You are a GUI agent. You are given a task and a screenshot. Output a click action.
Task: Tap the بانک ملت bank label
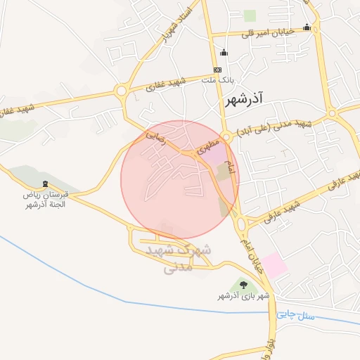pos(217,81)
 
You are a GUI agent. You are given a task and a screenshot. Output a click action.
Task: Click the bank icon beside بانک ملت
pos(217,70)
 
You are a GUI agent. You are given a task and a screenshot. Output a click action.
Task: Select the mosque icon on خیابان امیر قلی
pos(307,28)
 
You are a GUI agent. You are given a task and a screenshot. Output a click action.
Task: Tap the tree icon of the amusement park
pos(243,285)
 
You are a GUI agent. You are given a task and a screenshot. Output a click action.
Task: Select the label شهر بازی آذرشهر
pos(243,297)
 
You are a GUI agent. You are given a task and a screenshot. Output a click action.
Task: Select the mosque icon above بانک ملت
pos(224,52)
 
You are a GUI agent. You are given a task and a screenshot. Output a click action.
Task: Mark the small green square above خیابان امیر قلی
pos(250,15)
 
